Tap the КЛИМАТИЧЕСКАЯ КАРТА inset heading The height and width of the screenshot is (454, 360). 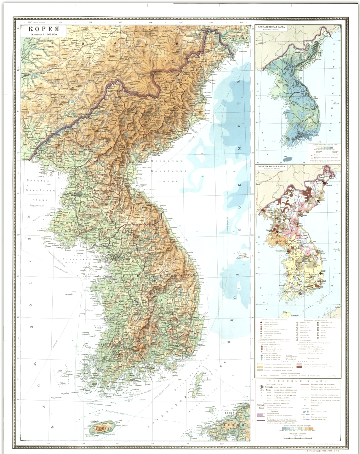[276, 27]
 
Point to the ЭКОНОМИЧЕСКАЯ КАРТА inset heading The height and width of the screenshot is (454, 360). [276, 166]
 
